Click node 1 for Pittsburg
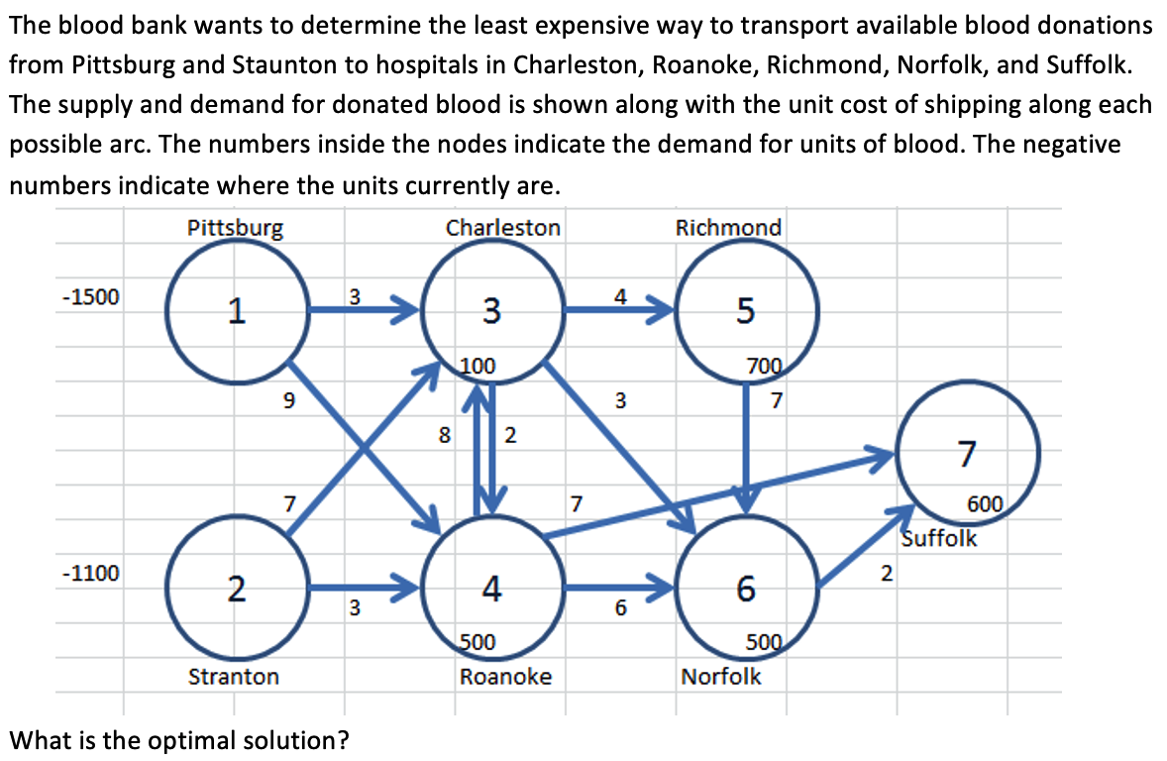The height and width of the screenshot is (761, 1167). click(235, 310)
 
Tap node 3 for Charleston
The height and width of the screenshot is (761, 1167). click(491, 310)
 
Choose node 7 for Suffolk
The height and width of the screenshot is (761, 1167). click(967, 455)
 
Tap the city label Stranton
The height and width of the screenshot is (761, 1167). click(234, 677)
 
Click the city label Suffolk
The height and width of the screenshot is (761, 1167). click(939, 539)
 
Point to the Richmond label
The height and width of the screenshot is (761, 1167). click(728, 228)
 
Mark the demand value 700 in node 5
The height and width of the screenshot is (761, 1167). click(766, 365)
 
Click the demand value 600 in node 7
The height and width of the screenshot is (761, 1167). click(986, 503)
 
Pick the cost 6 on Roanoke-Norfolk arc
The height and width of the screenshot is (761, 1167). click(620, 608)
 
